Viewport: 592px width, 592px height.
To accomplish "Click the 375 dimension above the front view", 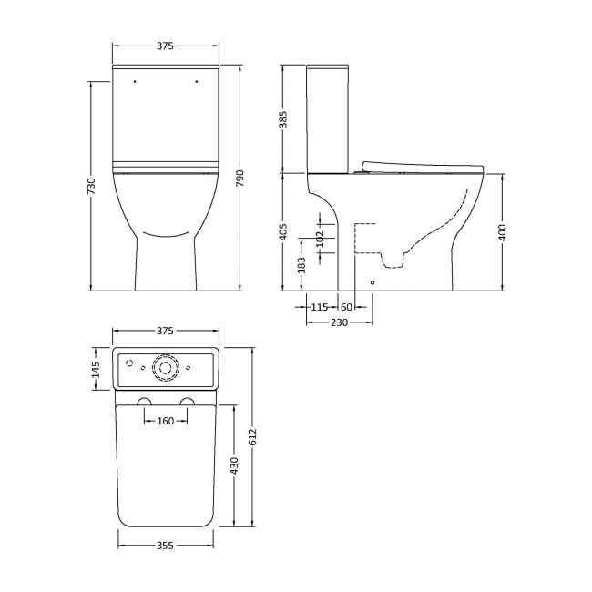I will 165,46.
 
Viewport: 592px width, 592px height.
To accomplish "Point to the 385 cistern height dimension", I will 283,118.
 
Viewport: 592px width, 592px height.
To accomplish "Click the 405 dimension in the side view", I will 283,231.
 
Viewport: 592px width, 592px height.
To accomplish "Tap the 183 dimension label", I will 302,263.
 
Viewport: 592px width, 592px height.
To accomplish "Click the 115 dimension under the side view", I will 319,308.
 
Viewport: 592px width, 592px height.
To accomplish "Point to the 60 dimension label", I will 346,308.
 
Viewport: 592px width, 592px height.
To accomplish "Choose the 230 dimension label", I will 338,322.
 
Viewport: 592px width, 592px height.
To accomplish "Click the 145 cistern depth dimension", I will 97,371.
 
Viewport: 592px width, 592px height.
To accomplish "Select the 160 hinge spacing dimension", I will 166,421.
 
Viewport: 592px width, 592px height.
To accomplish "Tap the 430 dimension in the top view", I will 234,465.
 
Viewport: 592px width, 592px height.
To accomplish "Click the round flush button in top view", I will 165,366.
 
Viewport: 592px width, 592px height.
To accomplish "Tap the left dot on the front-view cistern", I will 134,81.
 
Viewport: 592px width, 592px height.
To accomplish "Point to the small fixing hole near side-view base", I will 372,282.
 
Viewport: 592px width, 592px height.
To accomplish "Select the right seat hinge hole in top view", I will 187,403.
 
